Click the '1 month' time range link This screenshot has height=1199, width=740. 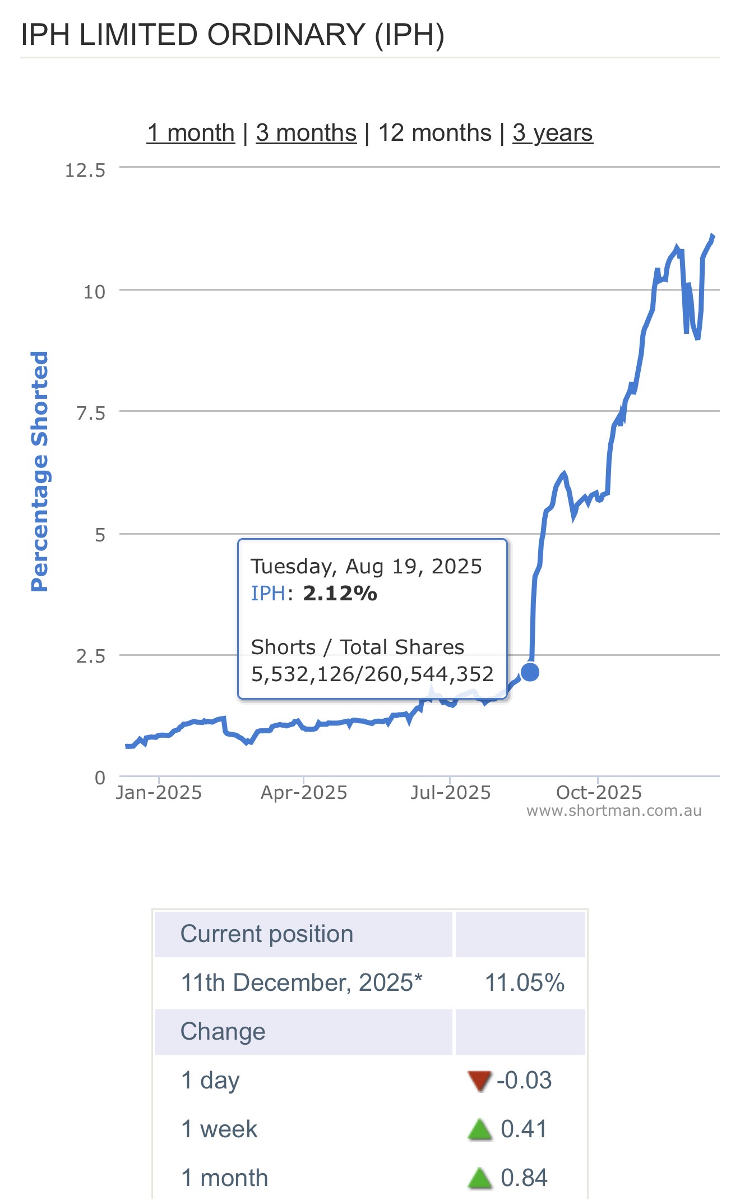point(191,133)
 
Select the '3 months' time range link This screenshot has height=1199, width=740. point(306,133)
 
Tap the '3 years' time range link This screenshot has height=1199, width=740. point(552,133)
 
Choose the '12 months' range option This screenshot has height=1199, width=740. point(434,133)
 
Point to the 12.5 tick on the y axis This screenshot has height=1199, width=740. point(85,170)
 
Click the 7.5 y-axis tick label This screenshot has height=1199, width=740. point(91,414)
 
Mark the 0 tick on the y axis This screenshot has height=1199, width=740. point(100,778)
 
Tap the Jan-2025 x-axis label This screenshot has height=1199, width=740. point(159,793)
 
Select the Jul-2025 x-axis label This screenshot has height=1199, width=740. point(450,793)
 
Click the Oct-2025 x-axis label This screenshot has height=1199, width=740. point(599,793)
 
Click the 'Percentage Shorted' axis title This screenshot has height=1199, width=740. point(40,471)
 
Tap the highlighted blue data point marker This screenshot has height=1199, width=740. point(530,672)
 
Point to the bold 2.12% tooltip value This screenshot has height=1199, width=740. point(340,593)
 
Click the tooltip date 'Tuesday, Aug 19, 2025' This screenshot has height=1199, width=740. point(366,567)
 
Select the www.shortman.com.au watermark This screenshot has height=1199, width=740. point(614,811)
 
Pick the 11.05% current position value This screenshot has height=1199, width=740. point(524,983)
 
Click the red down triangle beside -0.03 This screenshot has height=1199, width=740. point(479,1081)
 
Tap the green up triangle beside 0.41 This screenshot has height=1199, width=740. point(479,1129)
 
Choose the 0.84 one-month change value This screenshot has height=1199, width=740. point(524,1178)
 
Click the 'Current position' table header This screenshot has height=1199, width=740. point(267,934)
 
